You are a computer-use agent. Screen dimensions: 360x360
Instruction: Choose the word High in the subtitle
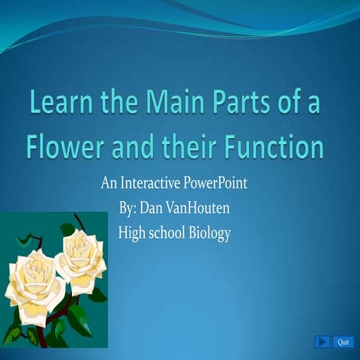pyautogui.click(x=131, y=233)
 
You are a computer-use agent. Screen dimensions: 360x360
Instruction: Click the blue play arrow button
pyautogui.click(x=322, y=342)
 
